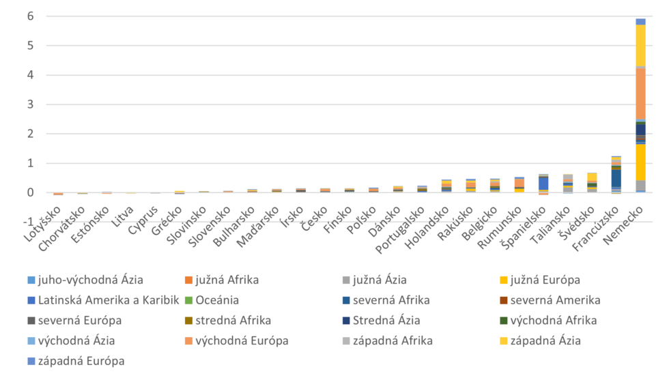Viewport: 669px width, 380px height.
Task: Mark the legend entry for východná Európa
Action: pos(241,340)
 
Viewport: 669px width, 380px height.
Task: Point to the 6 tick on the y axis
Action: pos(31,16)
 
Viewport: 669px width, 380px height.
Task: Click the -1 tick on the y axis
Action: pos(29,222)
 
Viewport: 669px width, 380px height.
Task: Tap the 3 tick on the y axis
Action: pos(31,104)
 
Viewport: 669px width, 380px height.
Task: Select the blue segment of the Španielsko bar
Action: pos(543,183)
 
